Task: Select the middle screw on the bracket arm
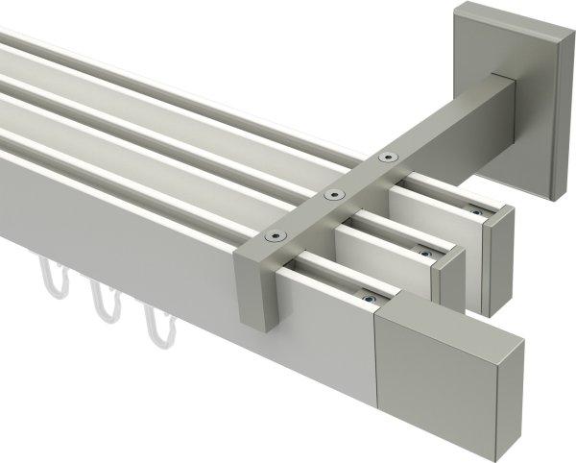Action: tap(334, 195)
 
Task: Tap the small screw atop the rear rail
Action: tap(472, 210)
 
